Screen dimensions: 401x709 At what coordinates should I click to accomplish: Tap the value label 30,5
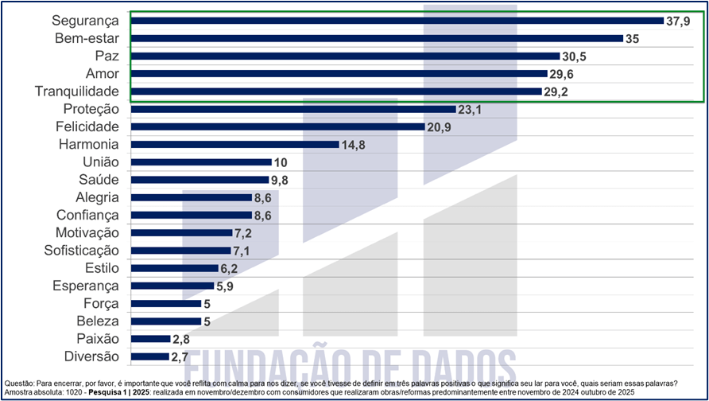point(577,56)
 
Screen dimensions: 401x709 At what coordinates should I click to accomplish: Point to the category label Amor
point(102,74)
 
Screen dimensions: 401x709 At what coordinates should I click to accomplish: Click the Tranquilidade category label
point(77,91)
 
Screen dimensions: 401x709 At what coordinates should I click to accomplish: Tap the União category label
point(100,162)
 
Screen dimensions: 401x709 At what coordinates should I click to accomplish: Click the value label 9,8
point(278,180)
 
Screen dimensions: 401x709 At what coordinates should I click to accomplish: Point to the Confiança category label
point(87,215)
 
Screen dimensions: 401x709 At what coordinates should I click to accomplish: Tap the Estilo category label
point(102,268)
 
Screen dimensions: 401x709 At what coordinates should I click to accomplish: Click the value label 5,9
point(226,286)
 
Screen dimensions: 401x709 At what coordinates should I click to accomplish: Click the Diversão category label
point(91,356)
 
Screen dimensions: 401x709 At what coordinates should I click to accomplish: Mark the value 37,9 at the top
point(678,21)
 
